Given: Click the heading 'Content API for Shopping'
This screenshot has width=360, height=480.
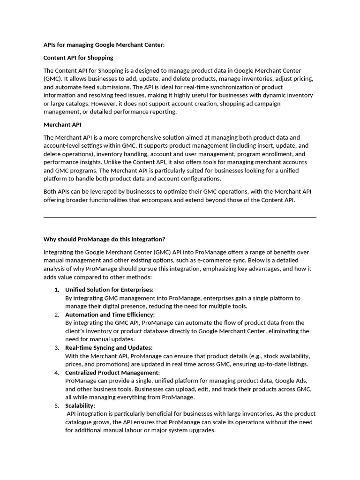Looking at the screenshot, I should point(78,58).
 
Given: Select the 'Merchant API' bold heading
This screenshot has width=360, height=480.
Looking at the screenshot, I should point(62,125).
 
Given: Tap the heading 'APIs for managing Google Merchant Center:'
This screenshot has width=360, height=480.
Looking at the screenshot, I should point(104,45).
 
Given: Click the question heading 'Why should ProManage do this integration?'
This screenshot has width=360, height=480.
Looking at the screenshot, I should point(104,239).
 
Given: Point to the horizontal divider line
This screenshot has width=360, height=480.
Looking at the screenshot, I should point(180,217).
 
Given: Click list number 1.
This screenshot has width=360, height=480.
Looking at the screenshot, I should point(56,290).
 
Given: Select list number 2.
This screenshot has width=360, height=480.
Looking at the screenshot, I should point(57,315).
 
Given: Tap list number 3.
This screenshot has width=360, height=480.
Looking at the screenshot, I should point(57,347).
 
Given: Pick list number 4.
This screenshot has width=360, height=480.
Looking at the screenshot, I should point(57,372).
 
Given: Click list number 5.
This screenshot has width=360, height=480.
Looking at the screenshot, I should point(57,405).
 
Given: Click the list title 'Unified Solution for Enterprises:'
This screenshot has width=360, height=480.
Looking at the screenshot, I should point(109,290).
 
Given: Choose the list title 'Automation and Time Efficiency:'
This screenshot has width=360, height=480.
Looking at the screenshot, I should point(110,315).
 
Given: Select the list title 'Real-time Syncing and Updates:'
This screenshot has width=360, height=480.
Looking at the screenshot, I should point(109,347).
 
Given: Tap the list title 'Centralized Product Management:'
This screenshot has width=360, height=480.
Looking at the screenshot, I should point(112,372).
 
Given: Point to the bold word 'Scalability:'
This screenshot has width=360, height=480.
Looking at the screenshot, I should point(80,405).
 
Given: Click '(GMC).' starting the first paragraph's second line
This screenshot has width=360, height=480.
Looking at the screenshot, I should point(52,79).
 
